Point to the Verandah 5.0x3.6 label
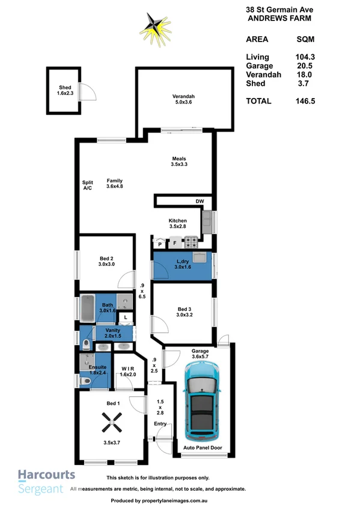click(184, 99)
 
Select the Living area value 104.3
click(305, 57)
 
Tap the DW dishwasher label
click(200, 201)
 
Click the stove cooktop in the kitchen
click(191, 243)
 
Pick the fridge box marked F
click(175, 244)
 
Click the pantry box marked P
click(160, 244)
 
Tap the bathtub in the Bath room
click(87, 307)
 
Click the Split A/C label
click(88, 185)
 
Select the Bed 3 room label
click(185, 311)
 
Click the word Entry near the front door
click(160, 424)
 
